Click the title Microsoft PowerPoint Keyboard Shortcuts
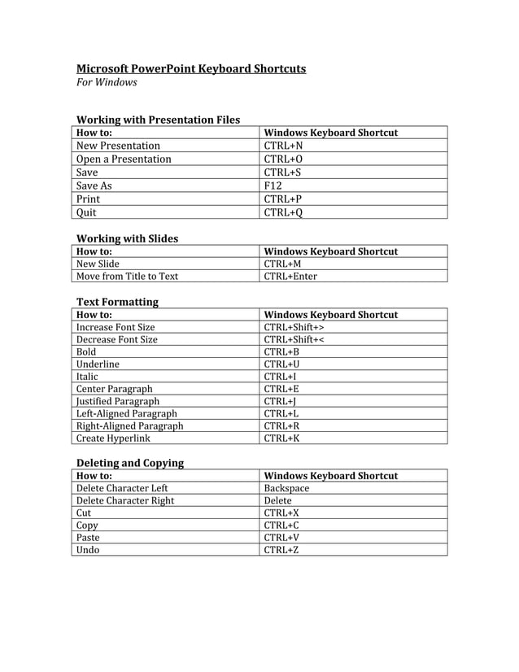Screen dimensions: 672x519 [x=191, y=68]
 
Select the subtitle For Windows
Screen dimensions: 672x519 [x=107, y=83]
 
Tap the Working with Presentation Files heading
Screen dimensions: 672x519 [x=158, y=120]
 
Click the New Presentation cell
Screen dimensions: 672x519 [x=118, y=146]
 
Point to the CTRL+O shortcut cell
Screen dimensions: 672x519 [x=283, y=159]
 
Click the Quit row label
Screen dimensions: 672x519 [x=86, y=212]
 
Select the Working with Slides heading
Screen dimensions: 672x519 [x=127, y=238]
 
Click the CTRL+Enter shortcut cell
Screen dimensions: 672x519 [x=290, y=277]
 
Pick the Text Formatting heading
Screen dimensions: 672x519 [x=117, y=302]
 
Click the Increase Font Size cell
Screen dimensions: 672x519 [x=116, y=327]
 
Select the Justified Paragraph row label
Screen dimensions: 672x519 [x=118, y=401]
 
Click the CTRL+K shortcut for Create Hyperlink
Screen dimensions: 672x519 [x=281, y=439]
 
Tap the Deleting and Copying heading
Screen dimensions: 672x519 [x=129, y=463]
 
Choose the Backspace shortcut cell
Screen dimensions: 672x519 [x=286, y=488]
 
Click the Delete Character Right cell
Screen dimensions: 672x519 [x=124, y=501]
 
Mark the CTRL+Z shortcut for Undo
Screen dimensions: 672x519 [x=281, y=550]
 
